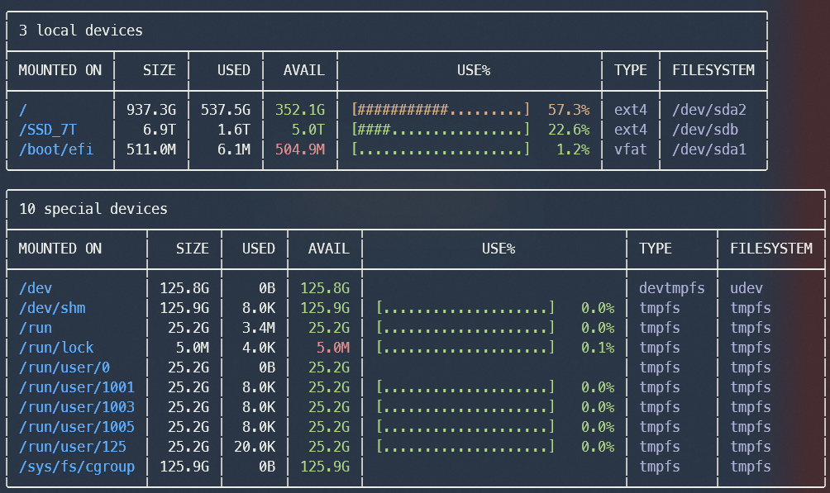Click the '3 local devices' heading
click(x=80, y=31)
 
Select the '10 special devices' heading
click(x=93, y=209)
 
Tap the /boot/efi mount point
click(x=55, y=149)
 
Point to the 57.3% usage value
click(x=568, y=110)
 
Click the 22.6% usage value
click(x=568, y=130)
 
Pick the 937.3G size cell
click(x=151, y=110)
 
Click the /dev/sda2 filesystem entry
click(x=708, y=110)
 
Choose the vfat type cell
click(x=630, y=149)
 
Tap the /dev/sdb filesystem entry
click(x=704, y=130)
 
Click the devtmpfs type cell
click(x=671, y=288)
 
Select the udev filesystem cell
click(x=747, y=288)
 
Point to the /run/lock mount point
click(x=55, y=348)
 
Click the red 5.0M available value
click(x=329, y=348)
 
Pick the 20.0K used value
click(x=255, y=447)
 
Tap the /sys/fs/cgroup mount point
click(x=76, y=467)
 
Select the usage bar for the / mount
click(x=440, y=110)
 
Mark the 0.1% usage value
click(x=597, y=348)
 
